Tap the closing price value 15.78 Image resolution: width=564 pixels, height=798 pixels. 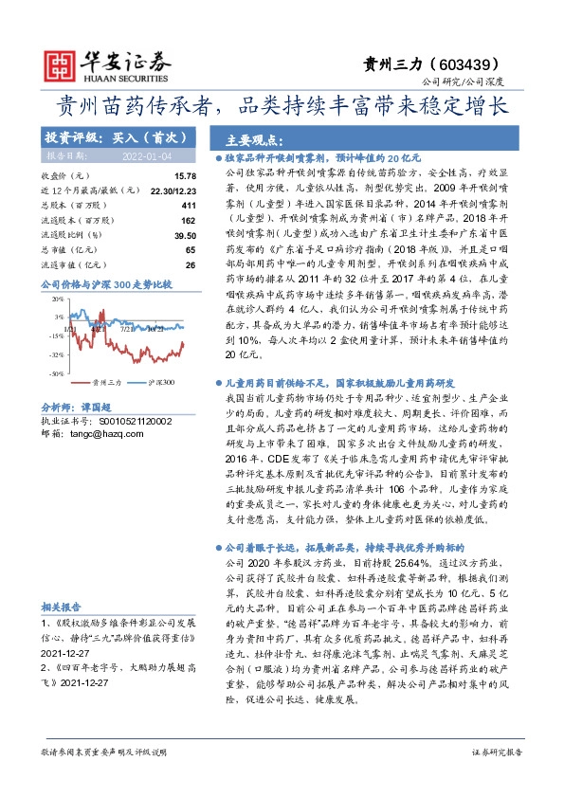185,176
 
